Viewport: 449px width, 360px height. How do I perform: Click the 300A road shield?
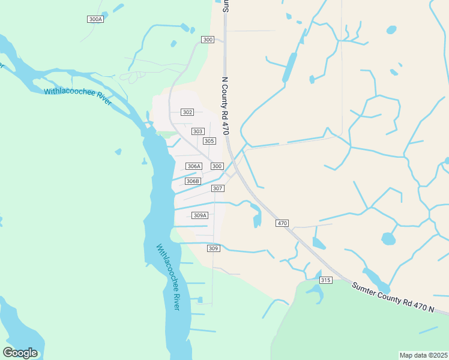(x=95, y=19)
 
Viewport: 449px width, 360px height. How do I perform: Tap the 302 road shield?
(x=187, y=112)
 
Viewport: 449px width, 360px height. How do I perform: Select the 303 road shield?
(x=197, y=131)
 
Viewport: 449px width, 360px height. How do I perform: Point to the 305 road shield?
(x=209, y=141)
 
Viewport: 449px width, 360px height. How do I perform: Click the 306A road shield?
(x=193, y=166)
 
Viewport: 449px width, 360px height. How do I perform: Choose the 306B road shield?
(x=192, y=181)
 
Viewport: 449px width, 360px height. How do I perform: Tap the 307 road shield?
(x=218, y=188)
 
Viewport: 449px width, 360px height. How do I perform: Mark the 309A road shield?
(x=200, y=215)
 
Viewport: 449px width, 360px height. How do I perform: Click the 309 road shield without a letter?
(x=213, y=248)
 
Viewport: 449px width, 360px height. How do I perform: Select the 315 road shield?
(x=326, y=280)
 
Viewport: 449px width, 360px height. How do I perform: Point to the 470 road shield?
(x=282, y=223)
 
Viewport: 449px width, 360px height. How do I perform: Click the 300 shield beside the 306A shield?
(x=217, y=166)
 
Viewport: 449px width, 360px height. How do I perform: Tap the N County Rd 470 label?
(x=226, y=106)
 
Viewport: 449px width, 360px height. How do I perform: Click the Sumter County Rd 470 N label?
(x=393, y=297)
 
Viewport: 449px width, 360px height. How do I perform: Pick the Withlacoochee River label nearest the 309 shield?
(x=168, y=277)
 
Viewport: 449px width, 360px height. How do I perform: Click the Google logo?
(x=20, y=353)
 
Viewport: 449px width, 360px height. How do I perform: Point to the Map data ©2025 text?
(x=423, y=355)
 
